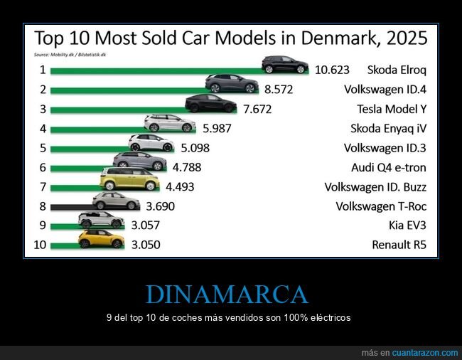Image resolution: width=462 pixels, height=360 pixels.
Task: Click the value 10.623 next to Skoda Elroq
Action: click(x=333, y=70)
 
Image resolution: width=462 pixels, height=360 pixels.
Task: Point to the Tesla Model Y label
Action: click(x=392, y=109)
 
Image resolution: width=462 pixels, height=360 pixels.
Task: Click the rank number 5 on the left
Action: click(x=43, y=148)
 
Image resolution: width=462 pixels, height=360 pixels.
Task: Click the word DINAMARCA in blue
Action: click(x=227, y=294)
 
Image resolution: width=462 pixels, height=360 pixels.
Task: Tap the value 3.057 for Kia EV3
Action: click(x=144, y=226)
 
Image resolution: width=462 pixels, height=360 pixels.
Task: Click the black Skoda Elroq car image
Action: click(x=285, y=65)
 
